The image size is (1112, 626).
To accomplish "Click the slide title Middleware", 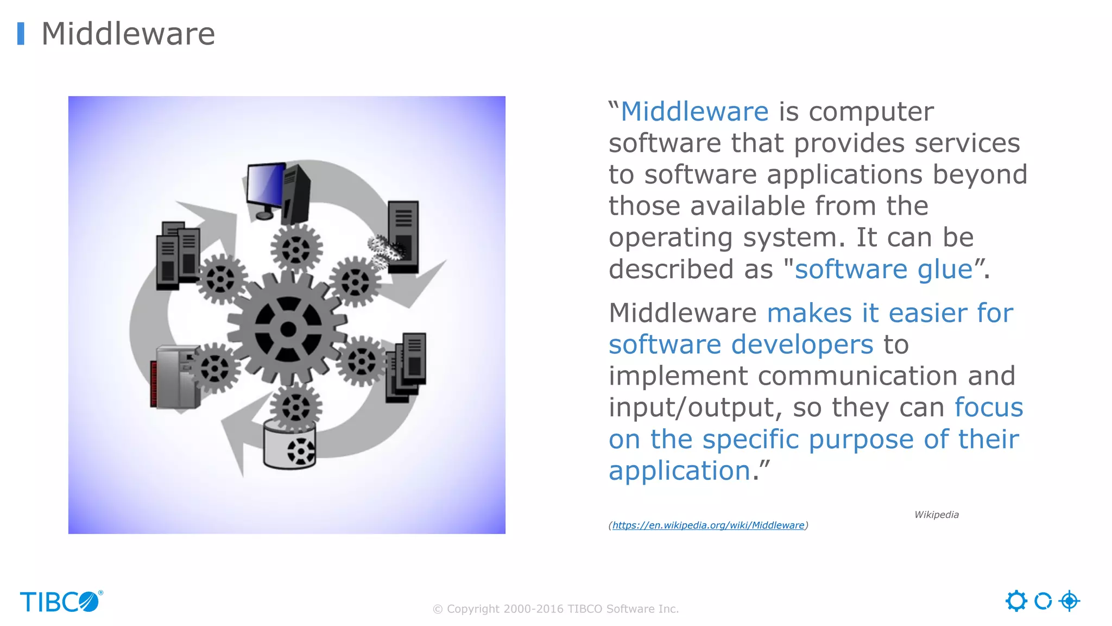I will tap(128, 34).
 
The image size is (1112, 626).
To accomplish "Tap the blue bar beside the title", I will tap(21, 34).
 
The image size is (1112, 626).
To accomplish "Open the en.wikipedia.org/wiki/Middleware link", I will tap(708, 525).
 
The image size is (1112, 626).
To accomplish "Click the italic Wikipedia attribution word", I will tap(936, 515).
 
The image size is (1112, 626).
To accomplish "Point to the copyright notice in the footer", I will tap(555, 609).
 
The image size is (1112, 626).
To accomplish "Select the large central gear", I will tap(288, 329).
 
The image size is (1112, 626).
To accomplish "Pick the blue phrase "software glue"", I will tap(883, 270).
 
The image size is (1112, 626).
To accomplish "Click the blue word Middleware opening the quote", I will tap(694, 112).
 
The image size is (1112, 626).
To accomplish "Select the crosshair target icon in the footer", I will tap(1069, 601).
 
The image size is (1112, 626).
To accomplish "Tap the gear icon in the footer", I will tap(1016, 601).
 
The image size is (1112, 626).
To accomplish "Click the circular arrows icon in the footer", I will tap(1042, 601).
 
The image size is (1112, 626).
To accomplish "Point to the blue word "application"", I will tap(679, 471).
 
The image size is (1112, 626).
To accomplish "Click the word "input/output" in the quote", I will tap(695, 408).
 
